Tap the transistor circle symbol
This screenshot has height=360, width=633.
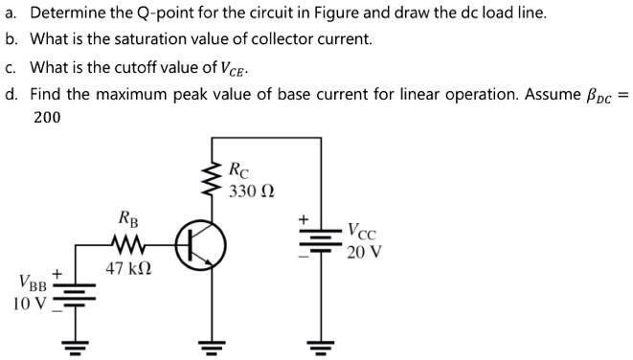[x=200, y=245]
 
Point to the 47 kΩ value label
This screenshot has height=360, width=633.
[x=127, y=269]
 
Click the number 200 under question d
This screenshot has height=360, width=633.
[x=47, y=118]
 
